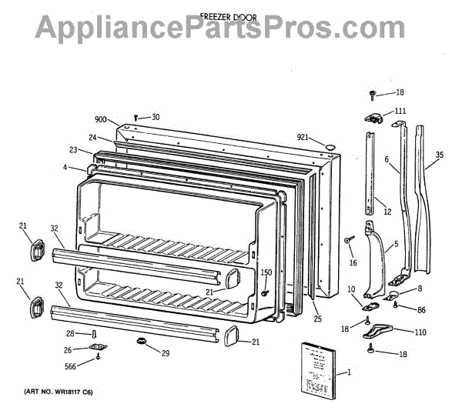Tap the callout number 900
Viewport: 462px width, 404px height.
click(101, 119)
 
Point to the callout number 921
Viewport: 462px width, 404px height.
click(303, 138)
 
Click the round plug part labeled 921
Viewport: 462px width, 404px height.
click(330, 145)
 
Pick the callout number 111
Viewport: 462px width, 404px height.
click(400, 112)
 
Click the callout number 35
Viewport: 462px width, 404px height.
click(439, 155)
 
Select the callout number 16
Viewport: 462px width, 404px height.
click(353, 263)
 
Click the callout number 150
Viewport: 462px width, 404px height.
click(266, 272)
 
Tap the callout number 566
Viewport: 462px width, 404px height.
click(69, 366)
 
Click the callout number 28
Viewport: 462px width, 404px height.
click(69, 333)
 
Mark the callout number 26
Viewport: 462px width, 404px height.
click(69, 350)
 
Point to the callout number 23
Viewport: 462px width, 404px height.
click(73, 150)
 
